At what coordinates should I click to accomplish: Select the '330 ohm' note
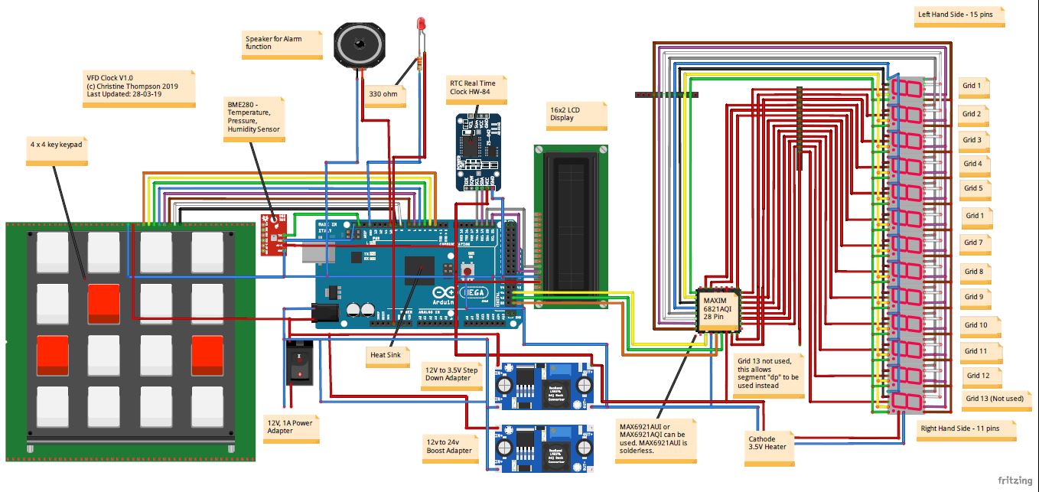point(384,96)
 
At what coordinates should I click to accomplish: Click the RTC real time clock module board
point(478,151)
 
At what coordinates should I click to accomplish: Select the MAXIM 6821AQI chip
point(718,311)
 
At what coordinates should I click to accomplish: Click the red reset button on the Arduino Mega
point(466,269)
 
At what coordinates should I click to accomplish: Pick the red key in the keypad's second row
point(103,304)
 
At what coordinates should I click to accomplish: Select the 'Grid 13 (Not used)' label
point(993,399)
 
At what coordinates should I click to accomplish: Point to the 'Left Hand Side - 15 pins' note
point(959,15)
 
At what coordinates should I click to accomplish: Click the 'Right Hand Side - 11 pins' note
point(967,430)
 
